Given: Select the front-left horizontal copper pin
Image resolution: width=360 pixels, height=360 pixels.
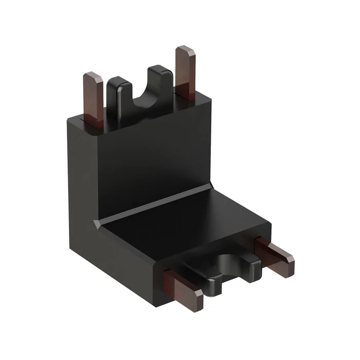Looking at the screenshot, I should click(x=181, y=288).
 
